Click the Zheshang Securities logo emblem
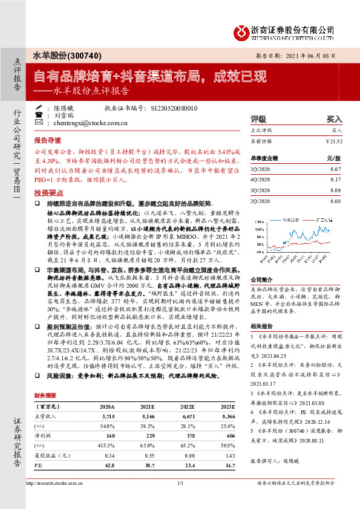pos(243,31)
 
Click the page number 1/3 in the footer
pos(180,483)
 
